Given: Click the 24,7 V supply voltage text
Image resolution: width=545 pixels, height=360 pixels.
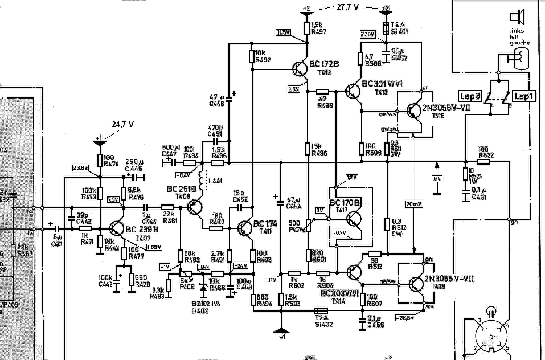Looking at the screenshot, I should (x=123, y=124).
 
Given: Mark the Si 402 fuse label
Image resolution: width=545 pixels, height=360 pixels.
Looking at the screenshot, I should (x=323, y=317).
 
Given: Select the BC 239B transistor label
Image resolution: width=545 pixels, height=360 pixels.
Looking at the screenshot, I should (x=140, y=228).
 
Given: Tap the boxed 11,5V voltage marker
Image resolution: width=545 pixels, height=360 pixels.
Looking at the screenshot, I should (x=283, y=32).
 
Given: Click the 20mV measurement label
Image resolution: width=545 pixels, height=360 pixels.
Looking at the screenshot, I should (x=414, y=204).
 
